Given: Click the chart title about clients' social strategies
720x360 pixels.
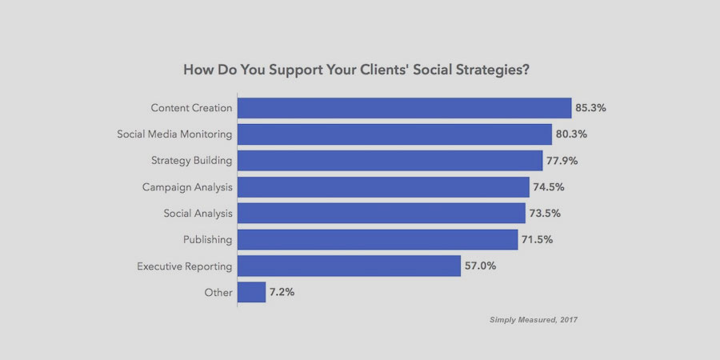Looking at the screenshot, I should pyautogui.click(x=356, y=70).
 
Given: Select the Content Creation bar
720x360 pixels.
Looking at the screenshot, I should pyautogui.click(x=404, y=108).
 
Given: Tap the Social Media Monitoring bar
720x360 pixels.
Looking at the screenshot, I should pyautogui.click(x=394, y=134).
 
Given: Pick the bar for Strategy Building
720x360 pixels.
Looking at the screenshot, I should pyautogui.click(x=390, y=161).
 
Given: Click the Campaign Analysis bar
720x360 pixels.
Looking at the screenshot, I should pyautogui.click(x=383, y=187).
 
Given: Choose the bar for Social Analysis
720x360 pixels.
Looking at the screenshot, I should pyautogui.click(x=381, y=214).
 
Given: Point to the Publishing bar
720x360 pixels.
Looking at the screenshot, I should pyautogui.click(x=378, y=239).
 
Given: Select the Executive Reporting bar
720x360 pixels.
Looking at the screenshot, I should pyautogui.click(x=349, y=266).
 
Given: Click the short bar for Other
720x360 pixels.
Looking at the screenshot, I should pyautogui.click(x=251, y=292).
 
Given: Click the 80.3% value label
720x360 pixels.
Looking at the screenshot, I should pyautogui.click(x=573, y=134).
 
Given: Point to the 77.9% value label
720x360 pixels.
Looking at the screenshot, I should pyautogui.click(x=563, y=161).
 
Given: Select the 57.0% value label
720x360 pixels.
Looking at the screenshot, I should pyautogui.click(x=481, y=266).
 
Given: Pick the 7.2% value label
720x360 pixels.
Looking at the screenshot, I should pyautogui.click(x=282, y=292).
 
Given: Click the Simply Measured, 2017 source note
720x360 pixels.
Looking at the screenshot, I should pyautogui.click(x=534, y=320).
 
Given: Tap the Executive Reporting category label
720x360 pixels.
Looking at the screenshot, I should pyautogui.click(x=184, y=266).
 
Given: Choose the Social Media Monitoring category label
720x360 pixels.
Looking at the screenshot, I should pyautogui.click(x=174, y=134).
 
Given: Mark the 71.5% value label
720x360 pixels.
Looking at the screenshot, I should pyautogui.click(x=538, y=239).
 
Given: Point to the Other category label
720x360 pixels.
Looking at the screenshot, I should pyautogui.click(x=218, y=292).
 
